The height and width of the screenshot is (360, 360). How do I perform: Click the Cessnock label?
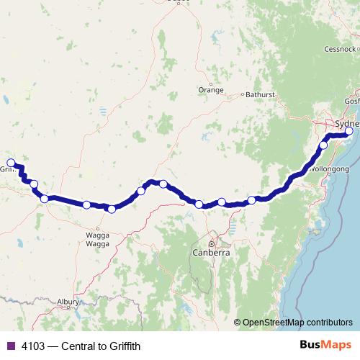pyautogui.click(x=339, y=50)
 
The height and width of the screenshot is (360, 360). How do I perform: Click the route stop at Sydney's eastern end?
pyautogui.click(x=348, y=132)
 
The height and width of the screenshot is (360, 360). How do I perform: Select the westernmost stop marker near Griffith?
pyautogui.click(x=10, y=163)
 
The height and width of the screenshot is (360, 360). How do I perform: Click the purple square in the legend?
pyautogui.click(x=10, y=346)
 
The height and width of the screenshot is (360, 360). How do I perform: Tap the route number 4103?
pyautogui.click(x=32, y=346)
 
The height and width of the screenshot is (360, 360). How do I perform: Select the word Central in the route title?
pyautogui.click(x=78, y=346)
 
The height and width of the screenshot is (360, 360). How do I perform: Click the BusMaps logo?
pyautogui.click(x=323, y=346)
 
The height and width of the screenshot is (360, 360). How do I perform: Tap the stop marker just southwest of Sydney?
pyautogui.click(x=323, y=145)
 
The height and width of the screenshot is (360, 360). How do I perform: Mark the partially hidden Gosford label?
pyautogui.click(x=352, y=102)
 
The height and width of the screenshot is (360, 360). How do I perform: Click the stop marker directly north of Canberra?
pyautogui.click(x=199, y=204)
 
